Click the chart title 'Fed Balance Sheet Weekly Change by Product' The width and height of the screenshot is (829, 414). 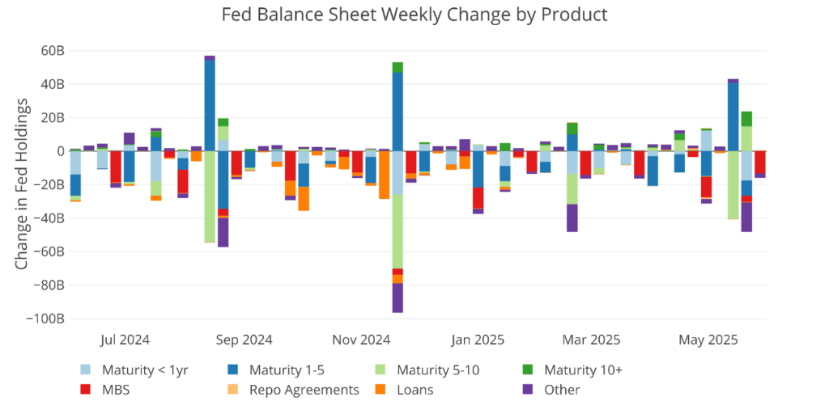[x=414, y=15]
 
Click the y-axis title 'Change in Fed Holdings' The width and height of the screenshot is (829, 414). [x=22, y=184]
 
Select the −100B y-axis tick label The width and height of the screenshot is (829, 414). [x=45, y=319]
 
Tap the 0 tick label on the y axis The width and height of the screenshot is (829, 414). [x=59, y=151]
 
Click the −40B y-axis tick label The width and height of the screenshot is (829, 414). [x=49, y=218]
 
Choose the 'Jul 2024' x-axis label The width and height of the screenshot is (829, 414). [x=125, y=340]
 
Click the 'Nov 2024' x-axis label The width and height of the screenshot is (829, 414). [x=361, y=340]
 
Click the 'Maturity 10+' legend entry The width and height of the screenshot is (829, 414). [x=582, y=370]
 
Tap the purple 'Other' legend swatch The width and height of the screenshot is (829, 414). [x=528, y=390]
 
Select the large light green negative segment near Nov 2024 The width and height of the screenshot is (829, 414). [x=397, y=231]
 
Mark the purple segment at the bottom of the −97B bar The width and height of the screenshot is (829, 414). [x=397, y=298]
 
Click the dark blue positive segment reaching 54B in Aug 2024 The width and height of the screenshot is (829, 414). [x=210, y=105]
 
